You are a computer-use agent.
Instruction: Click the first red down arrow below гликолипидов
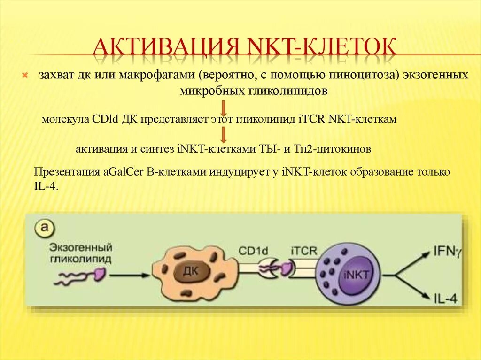pos(224,106)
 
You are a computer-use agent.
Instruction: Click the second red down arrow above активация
pos(224,135)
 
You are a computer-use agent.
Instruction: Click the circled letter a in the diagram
pos(44,230)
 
